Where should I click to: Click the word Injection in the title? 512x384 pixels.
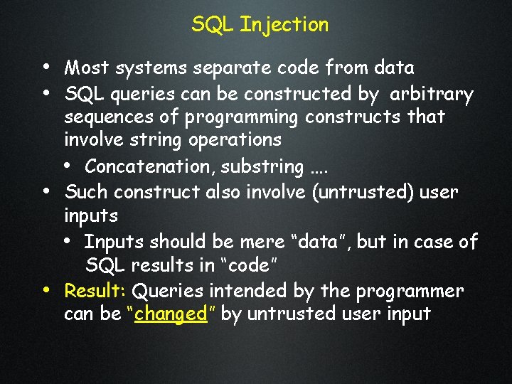[x=284, y=25]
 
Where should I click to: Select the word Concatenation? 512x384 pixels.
[x=149, y=166]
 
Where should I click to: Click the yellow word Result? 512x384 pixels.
[x=95, y=291]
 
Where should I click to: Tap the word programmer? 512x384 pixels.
[x=407, y=291]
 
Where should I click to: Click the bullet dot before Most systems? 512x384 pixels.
[x=46, y=68]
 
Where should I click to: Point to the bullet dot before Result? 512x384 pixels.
[x=46, y=290]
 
